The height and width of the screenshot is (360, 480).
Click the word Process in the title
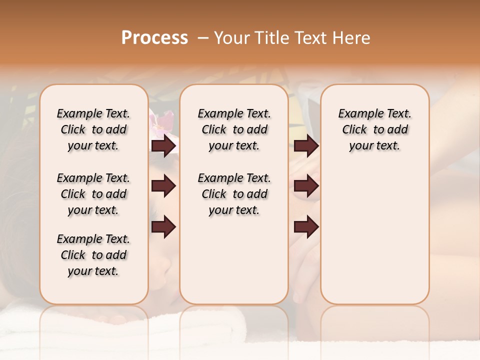pos(154,38)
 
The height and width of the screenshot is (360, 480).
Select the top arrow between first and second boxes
pos(163,146)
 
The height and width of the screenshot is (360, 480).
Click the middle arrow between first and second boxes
pos(163,186)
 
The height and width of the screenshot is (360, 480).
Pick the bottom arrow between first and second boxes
pos(163,226)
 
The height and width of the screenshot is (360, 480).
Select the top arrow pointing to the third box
pos(306,146)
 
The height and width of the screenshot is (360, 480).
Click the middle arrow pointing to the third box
pos(306,186)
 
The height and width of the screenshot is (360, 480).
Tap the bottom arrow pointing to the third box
pos(306,226)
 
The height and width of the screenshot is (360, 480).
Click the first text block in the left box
pos(93,129)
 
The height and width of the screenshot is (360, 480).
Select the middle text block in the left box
pos(93,194)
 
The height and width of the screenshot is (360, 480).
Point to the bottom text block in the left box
pos(93,255)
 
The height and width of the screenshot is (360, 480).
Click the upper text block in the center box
pos(234,129)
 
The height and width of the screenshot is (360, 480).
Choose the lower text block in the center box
pos(234,194)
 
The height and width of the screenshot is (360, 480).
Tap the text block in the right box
pos(374,129)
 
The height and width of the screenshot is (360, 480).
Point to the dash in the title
pos(203,38)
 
